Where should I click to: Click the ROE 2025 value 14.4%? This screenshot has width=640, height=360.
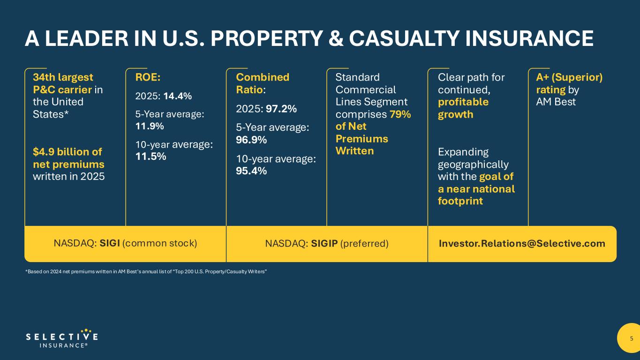[177, 96]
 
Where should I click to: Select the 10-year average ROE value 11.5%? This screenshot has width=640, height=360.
[151, 157]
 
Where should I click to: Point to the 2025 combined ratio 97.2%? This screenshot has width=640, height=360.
[281, 109]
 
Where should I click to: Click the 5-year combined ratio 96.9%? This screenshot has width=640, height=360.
[251, 140]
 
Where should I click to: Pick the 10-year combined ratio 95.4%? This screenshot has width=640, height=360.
[251, 171]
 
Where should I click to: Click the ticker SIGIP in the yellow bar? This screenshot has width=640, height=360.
[324, 244]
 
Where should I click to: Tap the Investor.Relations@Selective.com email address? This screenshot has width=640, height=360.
[522, 244]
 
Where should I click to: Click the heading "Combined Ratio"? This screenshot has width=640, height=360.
[262, 83]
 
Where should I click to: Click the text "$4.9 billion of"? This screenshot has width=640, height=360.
[67, 152]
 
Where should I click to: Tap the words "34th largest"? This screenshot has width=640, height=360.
[63, 77]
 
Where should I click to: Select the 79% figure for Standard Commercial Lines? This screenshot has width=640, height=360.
[400, 114]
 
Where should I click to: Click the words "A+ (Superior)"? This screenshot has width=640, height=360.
[569, 77]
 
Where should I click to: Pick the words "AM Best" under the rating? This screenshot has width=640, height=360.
[556, 102]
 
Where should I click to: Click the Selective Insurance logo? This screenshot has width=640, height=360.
[61, 338]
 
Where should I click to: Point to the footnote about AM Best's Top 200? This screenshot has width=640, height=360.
[146, 272]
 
